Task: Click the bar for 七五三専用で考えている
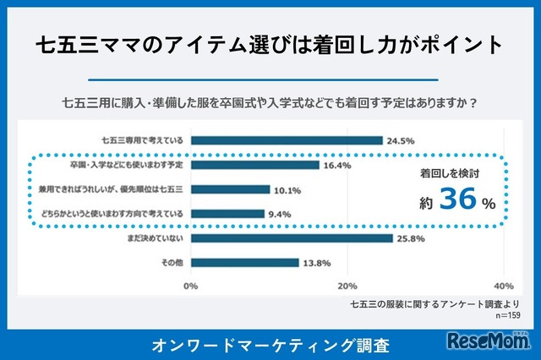tap(287, 140)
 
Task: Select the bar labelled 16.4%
tap(255, 165)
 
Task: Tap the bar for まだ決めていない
tap(292, 238)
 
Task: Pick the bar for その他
tap(245, 263)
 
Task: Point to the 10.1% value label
tap(288, 189)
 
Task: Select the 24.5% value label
tap(400, 140)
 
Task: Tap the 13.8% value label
tap(317, 263)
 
